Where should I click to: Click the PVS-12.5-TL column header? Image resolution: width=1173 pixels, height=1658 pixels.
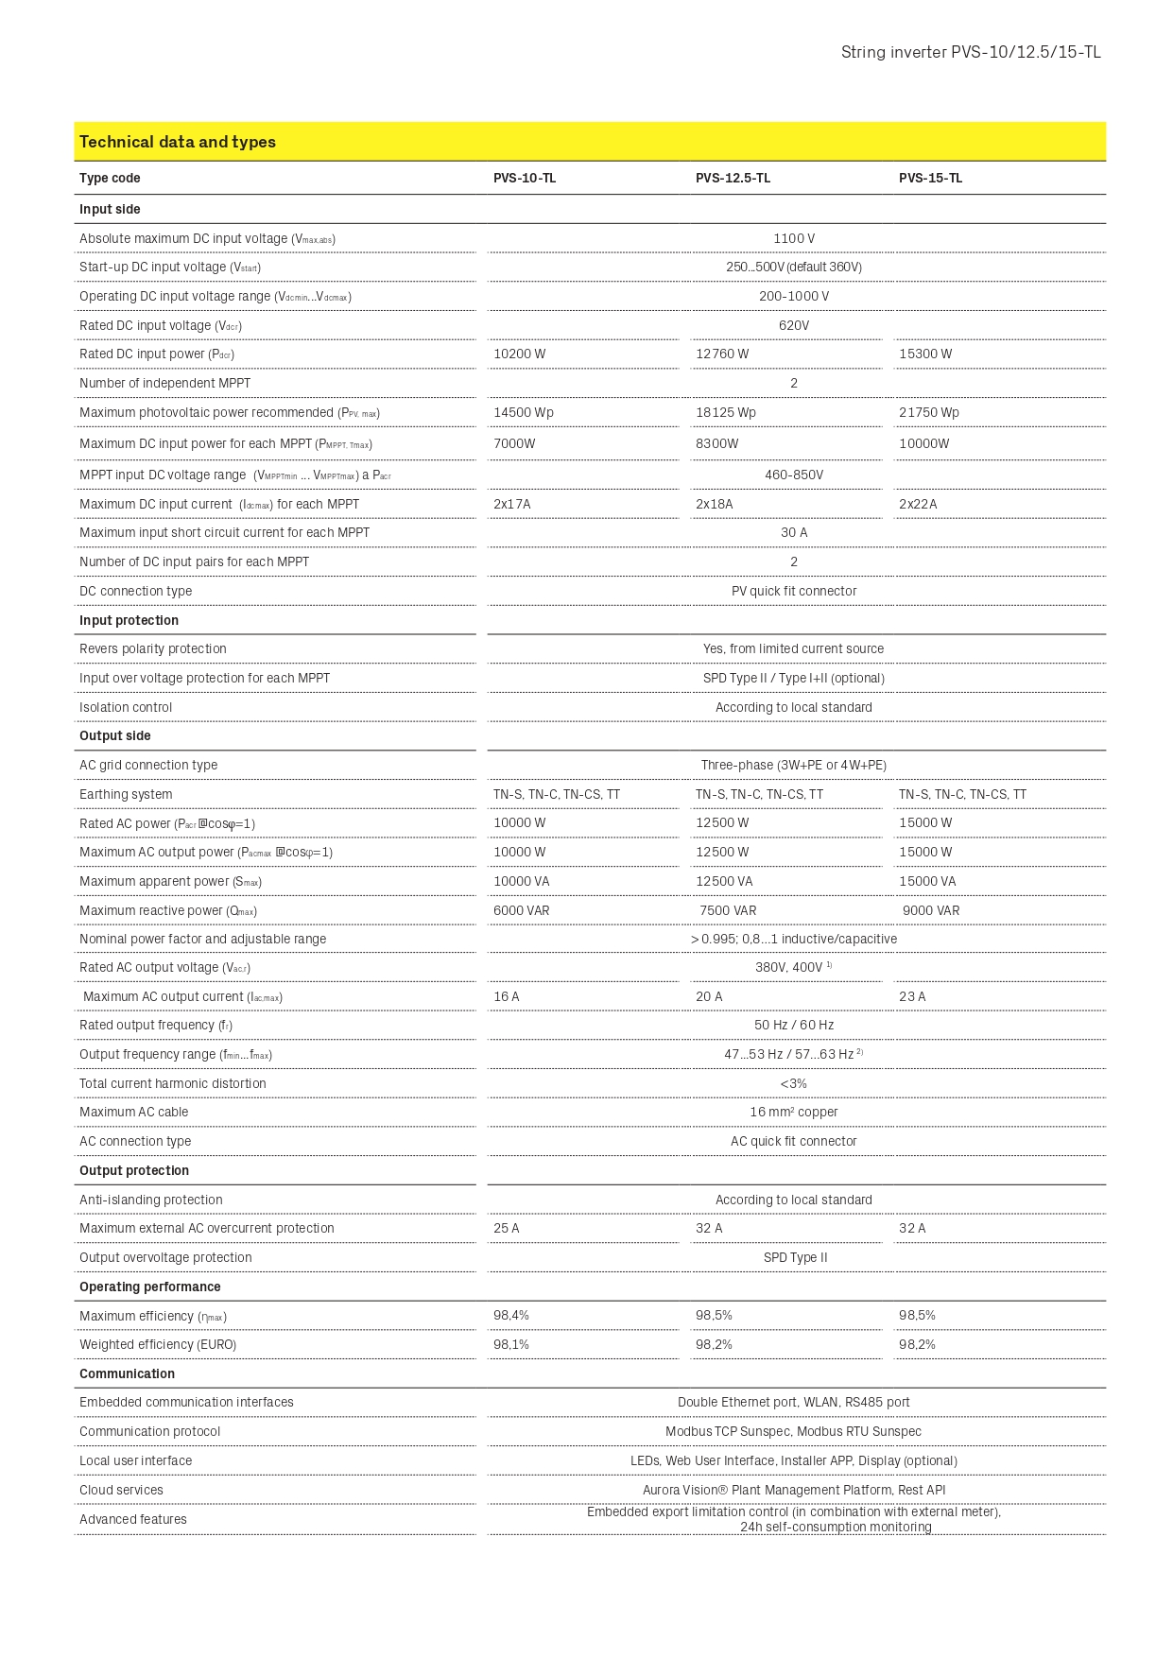coord(733,179)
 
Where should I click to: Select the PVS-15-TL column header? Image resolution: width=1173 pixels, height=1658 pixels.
coord(930,179)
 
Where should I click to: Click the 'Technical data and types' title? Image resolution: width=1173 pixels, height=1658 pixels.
coord(178,142)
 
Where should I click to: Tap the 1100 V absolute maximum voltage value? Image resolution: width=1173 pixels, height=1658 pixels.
coord(794,239)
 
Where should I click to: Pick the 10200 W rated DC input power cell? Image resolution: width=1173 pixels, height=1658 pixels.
coord(520,354)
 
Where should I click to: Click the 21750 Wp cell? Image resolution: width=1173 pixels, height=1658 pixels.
coord(929,413)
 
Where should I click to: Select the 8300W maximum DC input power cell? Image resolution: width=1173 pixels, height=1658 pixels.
coord(717,444)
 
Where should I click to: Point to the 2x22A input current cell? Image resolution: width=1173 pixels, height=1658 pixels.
coord(918,505)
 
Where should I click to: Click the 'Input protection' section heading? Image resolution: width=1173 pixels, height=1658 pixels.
coord(129,621)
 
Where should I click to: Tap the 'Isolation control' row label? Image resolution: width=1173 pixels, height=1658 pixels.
coord(126,708)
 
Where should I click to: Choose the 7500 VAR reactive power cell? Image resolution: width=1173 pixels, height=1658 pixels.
coord(728,911)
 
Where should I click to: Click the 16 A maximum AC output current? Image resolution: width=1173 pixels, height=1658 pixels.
coord(507,997)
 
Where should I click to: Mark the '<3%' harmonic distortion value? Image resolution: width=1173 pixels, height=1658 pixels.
coord(794,1084)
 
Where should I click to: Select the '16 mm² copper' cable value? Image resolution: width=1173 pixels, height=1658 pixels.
coord(794,1113)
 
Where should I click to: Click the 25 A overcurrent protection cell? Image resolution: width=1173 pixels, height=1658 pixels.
coord(507,1229)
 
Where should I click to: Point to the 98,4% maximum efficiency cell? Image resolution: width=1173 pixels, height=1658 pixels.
coord(511,1316)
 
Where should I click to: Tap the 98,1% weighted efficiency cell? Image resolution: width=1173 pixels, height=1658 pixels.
coord(511,1345)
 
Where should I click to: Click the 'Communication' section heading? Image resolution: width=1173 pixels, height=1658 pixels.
coord(127,1374)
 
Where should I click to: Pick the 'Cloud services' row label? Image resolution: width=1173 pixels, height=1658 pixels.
coord(121,1491)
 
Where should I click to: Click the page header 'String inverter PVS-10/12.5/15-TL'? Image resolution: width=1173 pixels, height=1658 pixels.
coord(971,53)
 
